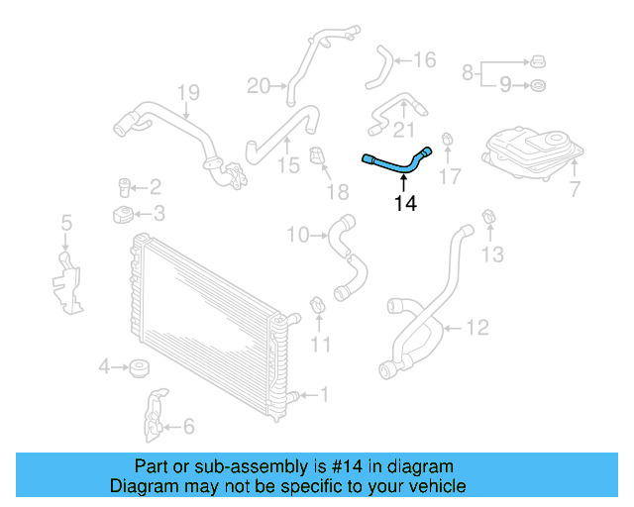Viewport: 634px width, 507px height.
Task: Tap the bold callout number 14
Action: [404, 205]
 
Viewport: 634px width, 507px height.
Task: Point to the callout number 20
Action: [258, 86]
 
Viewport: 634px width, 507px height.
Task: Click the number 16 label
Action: [424, 60]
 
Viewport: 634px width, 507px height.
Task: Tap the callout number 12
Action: [476, 327]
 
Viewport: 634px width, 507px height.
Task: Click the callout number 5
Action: [66, 223]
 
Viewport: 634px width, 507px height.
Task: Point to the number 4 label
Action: [104, 368]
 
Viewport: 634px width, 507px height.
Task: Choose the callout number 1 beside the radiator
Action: [322, 395]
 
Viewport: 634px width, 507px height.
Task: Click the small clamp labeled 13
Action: [488, 217]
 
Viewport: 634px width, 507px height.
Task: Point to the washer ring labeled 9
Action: [536, 86]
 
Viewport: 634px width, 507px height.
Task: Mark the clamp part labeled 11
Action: [317, 306]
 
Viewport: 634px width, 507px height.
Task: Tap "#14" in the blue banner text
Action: [315, 466]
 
